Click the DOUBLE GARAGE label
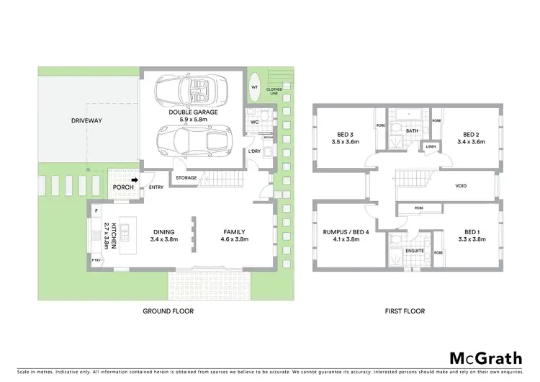point(194,117)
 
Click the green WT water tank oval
point(254,87)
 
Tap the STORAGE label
point(187,177)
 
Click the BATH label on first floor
point(412,130)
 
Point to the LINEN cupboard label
point(431,147)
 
